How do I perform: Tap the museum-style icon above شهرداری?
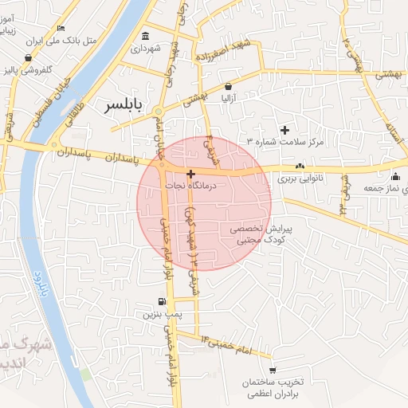[145, 37]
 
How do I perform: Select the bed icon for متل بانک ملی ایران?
[61, 29]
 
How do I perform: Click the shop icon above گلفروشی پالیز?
[29, 57]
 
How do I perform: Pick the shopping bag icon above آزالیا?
[229, 86]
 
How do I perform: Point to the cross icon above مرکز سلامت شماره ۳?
[284, 130]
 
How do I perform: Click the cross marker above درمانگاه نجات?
[190, 173]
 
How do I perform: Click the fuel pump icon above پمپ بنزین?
[163, 302]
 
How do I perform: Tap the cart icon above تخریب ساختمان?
[273, 371]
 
